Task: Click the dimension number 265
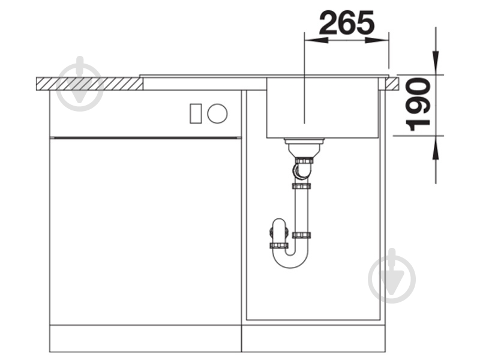[x=347, y=23]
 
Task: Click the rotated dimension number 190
[x=418, y=104]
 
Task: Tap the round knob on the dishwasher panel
[x=217, y=113]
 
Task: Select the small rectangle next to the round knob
[x=196, y=113]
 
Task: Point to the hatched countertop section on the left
[x=89, y=84]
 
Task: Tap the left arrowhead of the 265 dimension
[x=316, y=40]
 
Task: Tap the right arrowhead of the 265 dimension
[x=377, y=40]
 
